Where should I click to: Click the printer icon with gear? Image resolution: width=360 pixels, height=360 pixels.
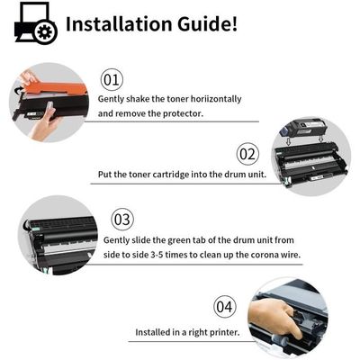36,22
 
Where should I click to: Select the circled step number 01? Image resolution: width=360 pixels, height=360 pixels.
112,80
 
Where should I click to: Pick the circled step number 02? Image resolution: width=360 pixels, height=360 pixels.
247,154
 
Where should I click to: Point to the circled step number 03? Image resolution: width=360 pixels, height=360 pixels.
122,220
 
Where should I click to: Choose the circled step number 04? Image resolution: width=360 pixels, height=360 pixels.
224,307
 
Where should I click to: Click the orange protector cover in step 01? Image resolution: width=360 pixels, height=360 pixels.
56,86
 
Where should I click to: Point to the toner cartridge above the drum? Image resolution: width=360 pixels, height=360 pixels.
303,128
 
